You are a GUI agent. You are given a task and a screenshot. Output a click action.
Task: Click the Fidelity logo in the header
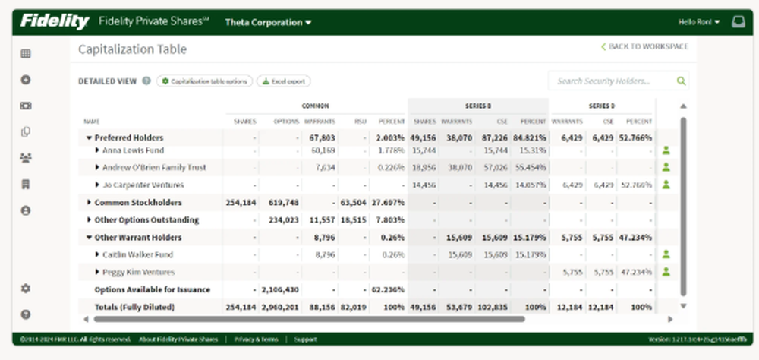coord(55,21)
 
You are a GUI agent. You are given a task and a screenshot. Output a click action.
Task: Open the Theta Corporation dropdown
coord(268,22)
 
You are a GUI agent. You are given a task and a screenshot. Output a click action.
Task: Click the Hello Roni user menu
coord(699,22)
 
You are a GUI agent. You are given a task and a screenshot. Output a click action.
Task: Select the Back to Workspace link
coord(644,47)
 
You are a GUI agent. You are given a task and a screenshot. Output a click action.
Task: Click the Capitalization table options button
coord(204,81)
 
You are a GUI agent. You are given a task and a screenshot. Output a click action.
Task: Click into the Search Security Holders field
coord(613,81)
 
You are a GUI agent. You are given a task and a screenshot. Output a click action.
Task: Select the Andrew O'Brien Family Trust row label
coord(153,168)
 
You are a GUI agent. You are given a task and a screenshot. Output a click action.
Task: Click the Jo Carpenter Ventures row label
coord(143,185)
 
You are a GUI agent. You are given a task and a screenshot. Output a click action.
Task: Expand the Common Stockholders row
coord(90,203)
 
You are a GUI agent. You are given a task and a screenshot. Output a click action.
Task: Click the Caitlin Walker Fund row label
coord(138,254)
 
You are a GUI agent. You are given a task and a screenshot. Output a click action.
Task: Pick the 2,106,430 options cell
coord(280,289)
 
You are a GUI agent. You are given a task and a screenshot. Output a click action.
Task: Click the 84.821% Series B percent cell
coord(529,138)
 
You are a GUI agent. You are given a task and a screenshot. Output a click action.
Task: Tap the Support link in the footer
coord(305,339)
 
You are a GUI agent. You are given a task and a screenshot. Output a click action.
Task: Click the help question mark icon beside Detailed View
coord(146,81)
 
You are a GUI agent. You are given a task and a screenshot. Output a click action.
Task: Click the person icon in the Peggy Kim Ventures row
coord(666,272)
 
